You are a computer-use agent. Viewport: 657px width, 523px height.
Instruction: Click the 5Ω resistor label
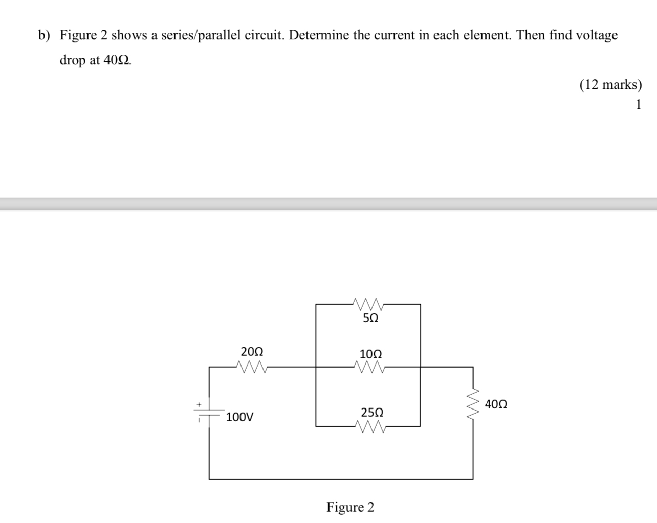point(370,318)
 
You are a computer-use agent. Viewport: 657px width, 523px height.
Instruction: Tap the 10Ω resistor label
point(370,354)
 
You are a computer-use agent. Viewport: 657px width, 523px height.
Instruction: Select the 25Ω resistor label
point(372,412)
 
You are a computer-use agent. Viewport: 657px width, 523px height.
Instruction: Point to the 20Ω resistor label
point(252,352)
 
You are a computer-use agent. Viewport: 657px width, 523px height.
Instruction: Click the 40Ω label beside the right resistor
point(496,404)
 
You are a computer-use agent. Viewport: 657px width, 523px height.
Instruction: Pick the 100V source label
point(239,417)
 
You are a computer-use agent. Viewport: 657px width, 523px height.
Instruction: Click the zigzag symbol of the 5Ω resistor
point(368,304)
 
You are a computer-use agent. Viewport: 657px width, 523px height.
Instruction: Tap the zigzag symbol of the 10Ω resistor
point(368,367)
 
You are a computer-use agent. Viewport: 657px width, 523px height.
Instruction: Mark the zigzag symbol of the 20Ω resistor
point(251,367)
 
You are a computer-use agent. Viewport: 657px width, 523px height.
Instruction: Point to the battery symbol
point(209,413)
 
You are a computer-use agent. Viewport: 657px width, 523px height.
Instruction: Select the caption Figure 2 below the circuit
point(351,507)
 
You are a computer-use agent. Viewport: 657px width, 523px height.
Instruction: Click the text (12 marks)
point(610,84)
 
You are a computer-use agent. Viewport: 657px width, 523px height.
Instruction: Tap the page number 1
point(638,105)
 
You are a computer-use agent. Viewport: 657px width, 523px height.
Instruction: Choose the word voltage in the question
point(597,35)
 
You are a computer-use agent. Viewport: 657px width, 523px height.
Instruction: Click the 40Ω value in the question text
point(117,60)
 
